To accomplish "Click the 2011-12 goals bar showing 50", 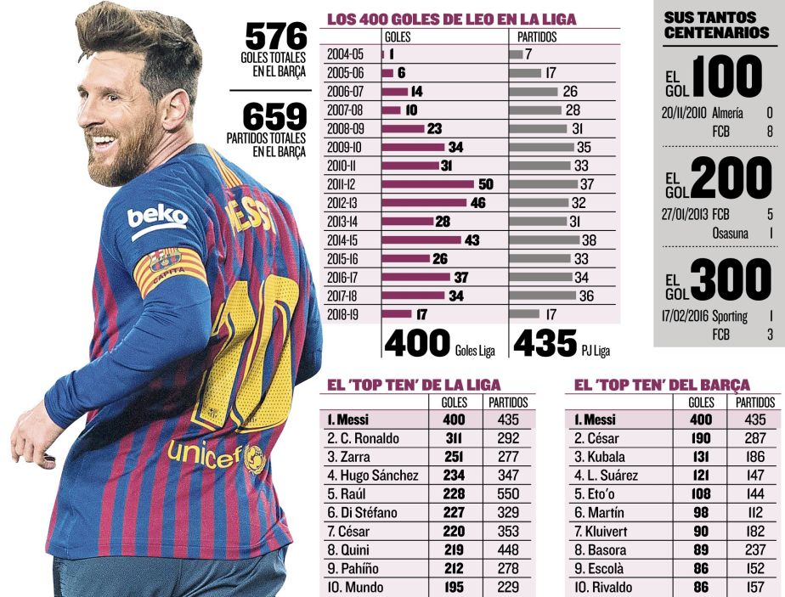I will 429,184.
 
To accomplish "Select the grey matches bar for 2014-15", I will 545,240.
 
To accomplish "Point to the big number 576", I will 275,37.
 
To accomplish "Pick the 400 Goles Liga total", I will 417,343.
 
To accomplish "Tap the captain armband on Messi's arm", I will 170,270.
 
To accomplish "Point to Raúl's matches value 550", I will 508,494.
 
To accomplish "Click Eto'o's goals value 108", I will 701,494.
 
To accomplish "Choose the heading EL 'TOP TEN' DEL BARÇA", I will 662,385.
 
